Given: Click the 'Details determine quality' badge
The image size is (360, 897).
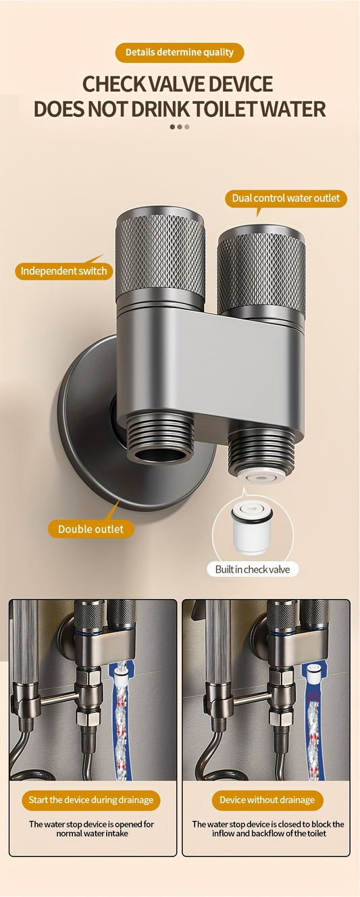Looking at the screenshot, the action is tap(180, 53).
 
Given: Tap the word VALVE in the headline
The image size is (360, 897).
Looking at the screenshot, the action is tap(177, 84).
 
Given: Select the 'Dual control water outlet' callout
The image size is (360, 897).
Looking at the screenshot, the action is tap(286, 198).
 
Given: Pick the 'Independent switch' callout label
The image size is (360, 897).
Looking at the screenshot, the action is tap(64, 271).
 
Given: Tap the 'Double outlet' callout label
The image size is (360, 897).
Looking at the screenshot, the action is tap(91, 529).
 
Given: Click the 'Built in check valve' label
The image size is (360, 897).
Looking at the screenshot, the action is tap(253, 569).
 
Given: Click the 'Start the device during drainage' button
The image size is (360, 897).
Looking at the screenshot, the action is tap(91, 801).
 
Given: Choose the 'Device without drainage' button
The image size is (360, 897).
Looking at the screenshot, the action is tap(267, 801).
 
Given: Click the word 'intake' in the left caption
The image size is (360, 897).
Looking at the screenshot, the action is tap(118, 834).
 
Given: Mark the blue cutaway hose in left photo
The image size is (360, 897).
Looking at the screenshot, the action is tap(122, 720).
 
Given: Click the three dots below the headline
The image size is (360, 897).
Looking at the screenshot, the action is tap(180, 127).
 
